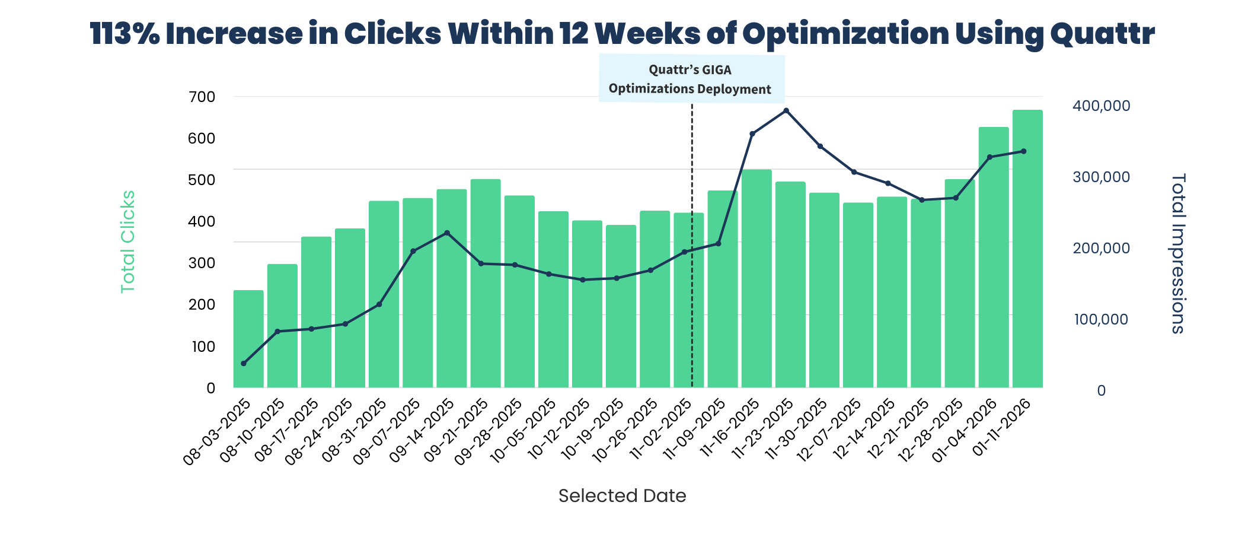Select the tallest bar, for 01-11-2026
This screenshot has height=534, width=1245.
(1027, 249)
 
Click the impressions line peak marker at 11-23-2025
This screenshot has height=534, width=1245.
(786, 111)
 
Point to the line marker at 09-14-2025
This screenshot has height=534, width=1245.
(447, 233)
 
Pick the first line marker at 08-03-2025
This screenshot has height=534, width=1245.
(244, 363)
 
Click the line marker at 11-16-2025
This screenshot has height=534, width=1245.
(752, 134)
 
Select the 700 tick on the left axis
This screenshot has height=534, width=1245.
(202, 97)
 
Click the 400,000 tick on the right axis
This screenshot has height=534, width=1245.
(1101, 106)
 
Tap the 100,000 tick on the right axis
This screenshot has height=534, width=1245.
(1101, 320)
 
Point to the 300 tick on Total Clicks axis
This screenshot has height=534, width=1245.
(202, 263)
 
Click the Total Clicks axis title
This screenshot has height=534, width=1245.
(128, 241)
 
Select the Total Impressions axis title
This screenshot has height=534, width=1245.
(1178, 253)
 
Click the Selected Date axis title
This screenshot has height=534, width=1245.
(622, 496)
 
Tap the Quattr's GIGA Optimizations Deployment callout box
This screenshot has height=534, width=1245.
(691, 79)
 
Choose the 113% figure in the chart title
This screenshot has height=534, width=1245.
(124, 34)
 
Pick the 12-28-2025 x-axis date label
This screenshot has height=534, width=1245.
(933, 432)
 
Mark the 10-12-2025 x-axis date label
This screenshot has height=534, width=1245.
(560, 432)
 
